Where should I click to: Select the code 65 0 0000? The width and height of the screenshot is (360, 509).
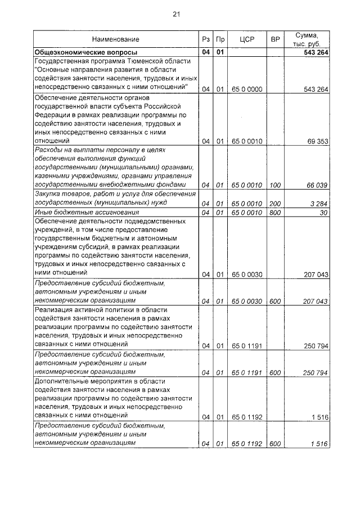coord(247,88)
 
